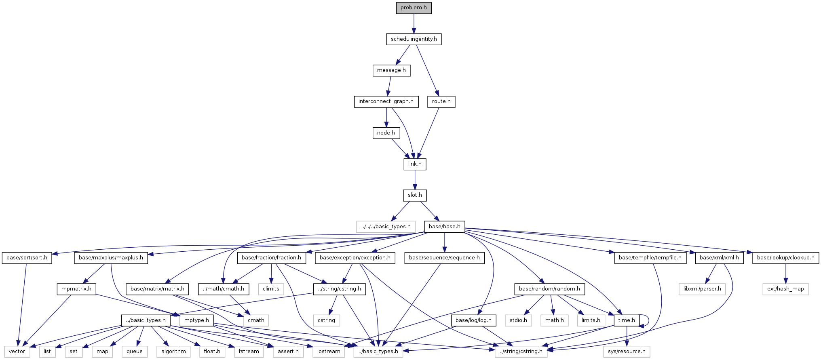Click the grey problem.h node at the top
(x=414, y=8)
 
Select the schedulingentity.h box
(x=414, y=39)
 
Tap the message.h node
(x=391, y=70)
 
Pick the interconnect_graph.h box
(x=386, y=101)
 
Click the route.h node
(x=441, y=101)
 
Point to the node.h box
(x=386, y=133)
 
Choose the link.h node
(x=414, y=164)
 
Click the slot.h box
(x=415, y=195)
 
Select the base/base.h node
(x=444, y=227)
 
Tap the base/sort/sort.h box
(x=27, y=258)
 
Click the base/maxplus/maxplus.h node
(x=111, y=258)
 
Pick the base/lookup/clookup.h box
(x=785, y=258)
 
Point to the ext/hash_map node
(x=785, y=289)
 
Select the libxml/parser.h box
(x=702, y=289)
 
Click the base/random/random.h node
(x=549, y=289)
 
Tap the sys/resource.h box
(x=627, y=352)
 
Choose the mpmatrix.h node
(x=76, y=289)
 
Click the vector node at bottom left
(x=17, y=352)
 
